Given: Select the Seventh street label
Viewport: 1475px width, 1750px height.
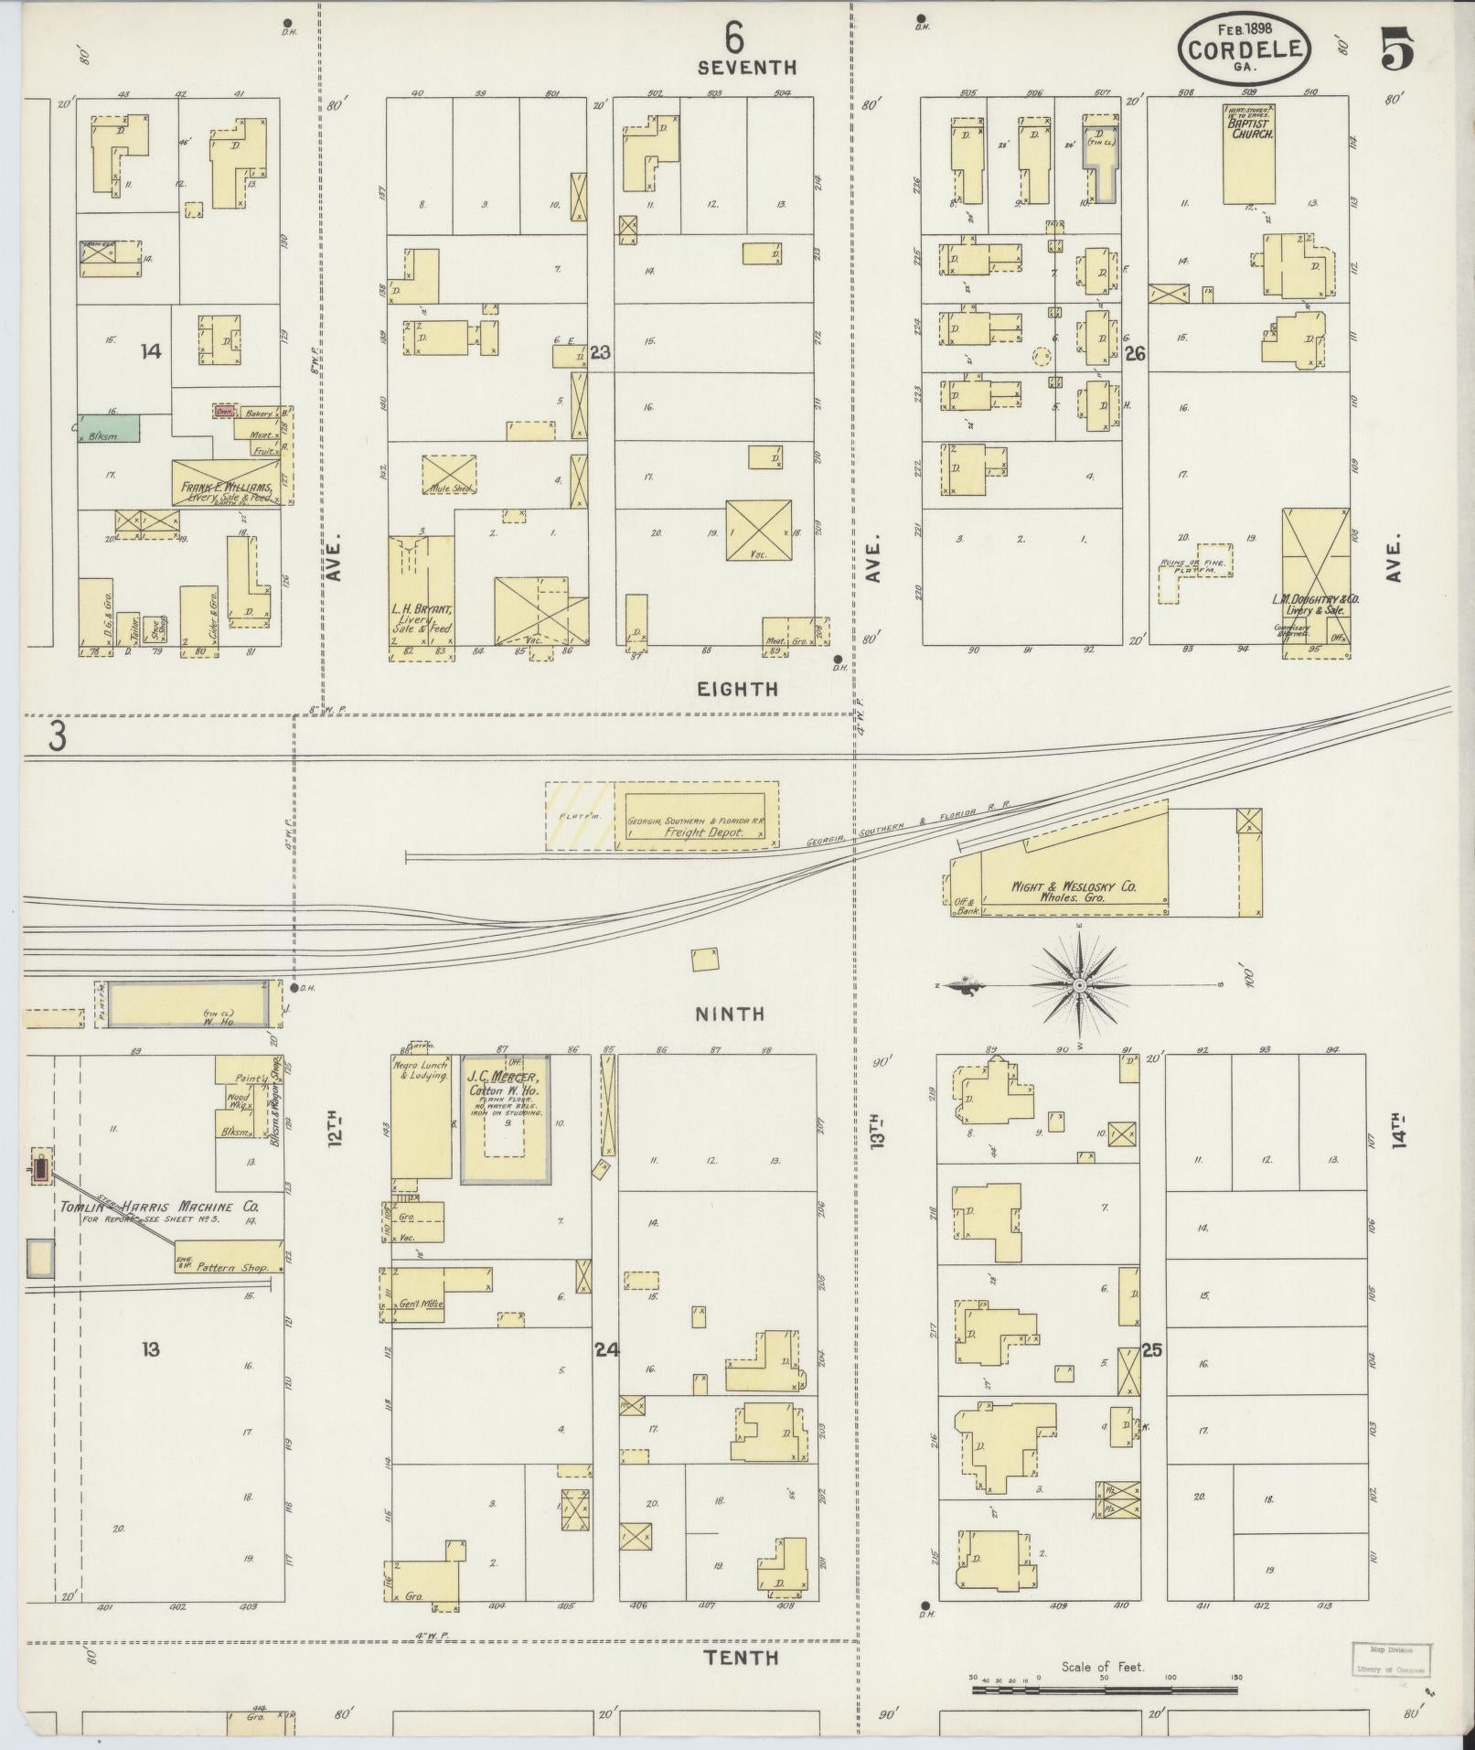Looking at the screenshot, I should tap(746, 67).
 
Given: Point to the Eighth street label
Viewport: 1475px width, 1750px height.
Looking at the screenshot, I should tap(737, 689).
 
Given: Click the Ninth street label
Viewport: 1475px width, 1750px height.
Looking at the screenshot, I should tap(729, 1014).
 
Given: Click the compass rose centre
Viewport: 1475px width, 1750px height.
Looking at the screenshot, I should tap(1079, 985).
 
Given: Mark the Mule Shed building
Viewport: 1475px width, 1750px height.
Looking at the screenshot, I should tap(449, 477).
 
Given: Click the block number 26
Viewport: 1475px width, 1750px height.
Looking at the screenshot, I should tap(1135, 353).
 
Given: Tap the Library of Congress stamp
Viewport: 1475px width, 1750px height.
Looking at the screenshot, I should tap(1391, 1659).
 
